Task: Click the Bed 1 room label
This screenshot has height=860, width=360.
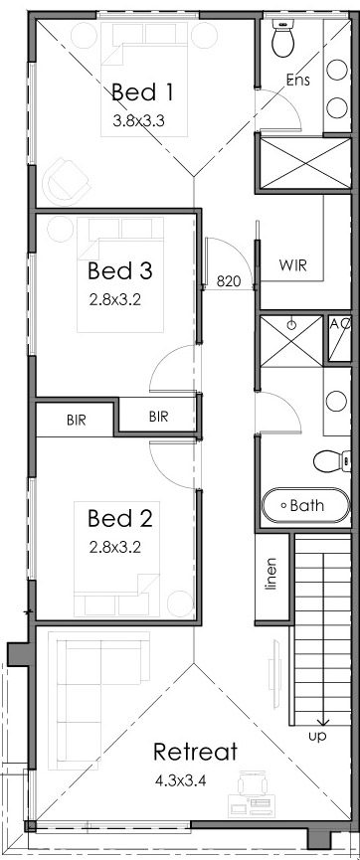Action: [x=142, y=92]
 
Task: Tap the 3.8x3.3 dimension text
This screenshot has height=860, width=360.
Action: [x=139, y=121]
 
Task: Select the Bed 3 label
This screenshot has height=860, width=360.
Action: [x=119, y=270]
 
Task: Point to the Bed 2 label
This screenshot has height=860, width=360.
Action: [x=119, y=518]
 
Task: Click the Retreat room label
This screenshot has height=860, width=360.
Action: [x=195, y=752]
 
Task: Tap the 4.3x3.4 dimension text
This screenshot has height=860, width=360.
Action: [x=180, y=780]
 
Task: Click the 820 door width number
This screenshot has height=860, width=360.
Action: [x=229, y=282]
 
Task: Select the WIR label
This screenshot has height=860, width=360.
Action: [x=292, y=266]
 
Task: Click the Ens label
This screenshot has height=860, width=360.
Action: [x=298, y=81]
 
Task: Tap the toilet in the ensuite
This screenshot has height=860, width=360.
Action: [x=283, y=38]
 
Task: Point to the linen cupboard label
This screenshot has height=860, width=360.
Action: [x=270, y=575]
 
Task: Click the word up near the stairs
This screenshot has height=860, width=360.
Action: [x=317, y=736]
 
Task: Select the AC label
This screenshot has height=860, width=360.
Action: [x=340, y=323]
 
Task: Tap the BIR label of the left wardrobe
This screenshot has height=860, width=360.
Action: [x=77, y=421]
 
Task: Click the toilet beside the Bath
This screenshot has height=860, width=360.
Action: [x=332, y=460]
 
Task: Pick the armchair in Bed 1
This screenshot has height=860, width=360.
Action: [x=68, y=179]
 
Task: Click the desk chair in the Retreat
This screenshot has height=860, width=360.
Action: [x=253, y=782]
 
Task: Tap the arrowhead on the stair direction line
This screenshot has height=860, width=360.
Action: [x=322, y=721]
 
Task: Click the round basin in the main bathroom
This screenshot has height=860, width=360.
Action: [x=336, y=401]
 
